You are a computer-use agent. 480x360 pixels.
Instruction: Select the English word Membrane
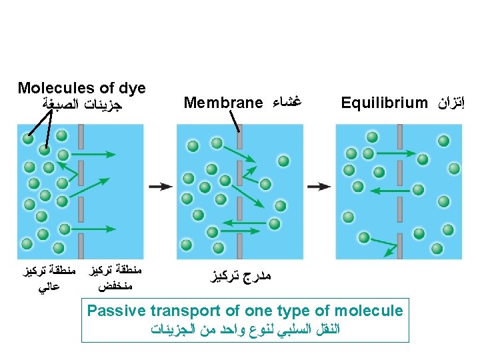click(x=223, y=103)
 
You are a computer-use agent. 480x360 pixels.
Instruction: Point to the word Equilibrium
click(x=383, y=103)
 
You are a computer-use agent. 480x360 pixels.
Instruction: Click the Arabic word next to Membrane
click(x=285, y=103)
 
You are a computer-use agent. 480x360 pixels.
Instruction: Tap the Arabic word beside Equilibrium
click(x=450, y=103)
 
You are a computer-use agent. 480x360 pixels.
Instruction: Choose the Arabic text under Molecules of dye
click(x=82, y=105)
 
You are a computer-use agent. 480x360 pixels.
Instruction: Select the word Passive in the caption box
click(x=117, y=311)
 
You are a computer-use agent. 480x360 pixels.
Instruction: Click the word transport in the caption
click(x=184, y=311)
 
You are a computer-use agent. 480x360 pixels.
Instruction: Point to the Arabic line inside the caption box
click(x=245, y=329)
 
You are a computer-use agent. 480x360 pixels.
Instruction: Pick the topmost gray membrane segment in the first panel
click(x=80, y=137)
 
